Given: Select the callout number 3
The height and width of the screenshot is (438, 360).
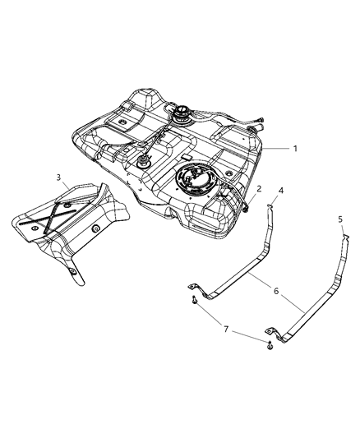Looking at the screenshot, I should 58,177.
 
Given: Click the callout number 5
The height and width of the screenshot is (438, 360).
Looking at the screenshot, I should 340,219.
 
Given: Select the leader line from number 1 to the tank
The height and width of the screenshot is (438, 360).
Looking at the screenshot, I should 277,148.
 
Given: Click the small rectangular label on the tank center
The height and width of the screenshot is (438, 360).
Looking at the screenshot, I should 188,154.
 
